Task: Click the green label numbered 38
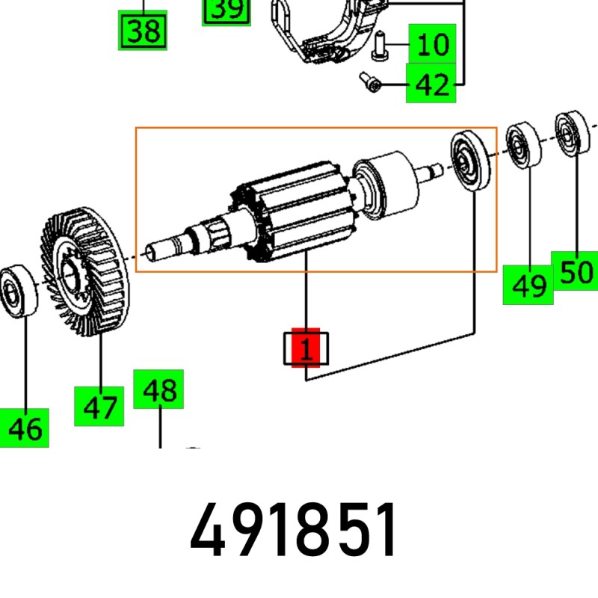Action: tap(144, 32)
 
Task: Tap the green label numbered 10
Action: tap(431, 44)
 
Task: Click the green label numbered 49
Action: tap(528, 284)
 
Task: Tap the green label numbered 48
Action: tap(158, 389)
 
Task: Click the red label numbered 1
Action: tap(305, 348)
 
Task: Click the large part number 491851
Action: tap(294, 532)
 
